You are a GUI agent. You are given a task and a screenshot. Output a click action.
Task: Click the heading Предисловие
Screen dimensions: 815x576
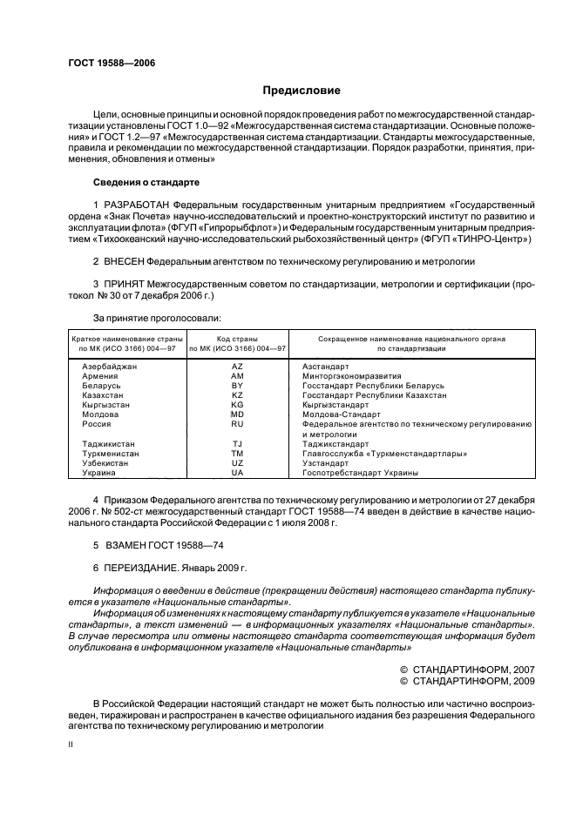point(302,91)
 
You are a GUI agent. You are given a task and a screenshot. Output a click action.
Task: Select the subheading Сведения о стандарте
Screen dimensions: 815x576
point(146,182)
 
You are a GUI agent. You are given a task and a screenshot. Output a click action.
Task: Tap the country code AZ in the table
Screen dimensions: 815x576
point(237,367)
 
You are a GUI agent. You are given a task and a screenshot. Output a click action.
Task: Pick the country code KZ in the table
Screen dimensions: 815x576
point(237,395)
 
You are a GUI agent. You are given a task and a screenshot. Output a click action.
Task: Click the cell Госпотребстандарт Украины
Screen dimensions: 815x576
point(360,472)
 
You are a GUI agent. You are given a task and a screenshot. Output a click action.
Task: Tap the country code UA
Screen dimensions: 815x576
point(237,472)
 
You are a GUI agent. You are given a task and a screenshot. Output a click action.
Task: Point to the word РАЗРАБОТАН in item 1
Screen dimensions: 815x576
point(139,203)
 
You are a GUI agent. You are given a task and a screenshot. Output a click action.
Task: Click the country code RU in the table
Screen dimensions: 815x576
point(237,424)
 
